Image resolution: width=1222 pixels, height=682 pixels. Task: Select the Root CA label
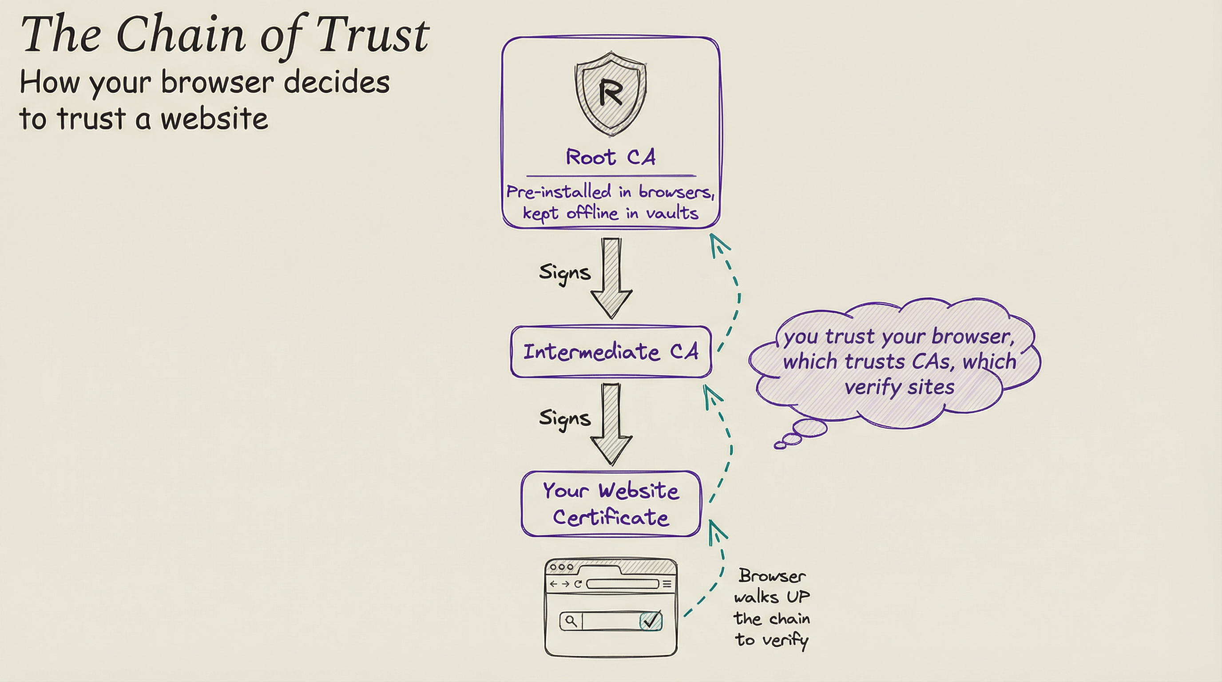pos(611,157)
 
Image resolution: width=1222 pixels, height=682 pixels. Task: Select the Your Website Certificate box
pos(611,504)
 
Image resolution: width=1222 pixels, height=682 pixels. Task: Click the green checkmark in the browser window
pos(651,620)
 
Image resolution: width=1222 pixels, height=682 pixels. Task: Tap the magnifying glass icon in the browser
pos(571,621)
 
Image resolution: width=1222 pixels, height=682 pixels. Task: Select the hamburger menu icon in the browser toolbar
pos(667,584)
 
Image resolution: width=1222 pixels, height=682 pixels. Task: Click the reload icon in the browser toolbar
pos(578,584)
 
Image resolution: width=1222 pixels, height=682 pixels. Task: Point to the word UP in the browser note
pos(798,597)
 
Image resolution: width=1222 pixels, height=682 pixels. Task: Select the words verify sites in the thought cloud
pos(899,388)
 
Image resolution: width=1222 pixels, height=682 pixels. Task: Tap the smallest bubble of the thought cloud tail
pos(779,445)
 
